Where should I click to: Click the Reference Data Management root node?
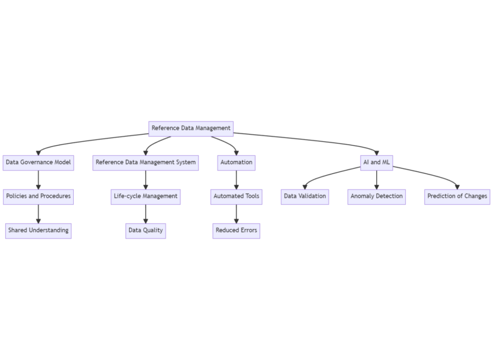click(191, 128)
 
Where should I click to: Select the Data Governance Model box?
click(39, 162)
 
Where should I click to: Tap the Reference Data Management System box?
click(146, 162)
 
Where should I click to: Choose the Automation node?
click(236, 162)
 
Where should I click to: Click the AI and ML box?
click(377, 162)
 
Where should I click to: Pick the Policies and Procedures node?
click(39, 196)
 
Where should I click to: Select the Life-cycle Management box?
click(146, 196)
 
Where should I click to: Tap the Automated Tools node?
click(236, 196)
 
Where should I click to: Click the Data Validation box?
click(305, 196)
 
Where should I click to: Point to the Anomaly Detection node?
click(377, 196)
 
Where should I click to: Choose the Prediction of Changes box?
click(457, 196)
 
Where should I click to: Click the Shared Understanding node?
click(39, 230)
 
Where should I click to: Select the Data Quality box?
click(146, 230)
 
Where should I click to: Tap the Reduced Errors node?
click(236, 230)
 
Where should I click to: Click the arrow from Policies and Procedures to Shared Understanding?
click(39, 214)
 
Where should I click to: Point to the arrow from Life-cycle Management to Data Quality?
click(146, 214)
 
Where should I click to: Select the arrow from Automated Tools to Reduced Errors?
click(236, 214)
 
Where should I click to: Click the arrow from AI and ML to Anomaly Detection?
click(377, 180)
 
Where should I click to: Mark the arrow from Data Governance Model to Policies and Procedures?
click(39, 180)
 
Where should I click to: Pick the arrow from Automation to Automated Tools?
click(236, 180)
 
